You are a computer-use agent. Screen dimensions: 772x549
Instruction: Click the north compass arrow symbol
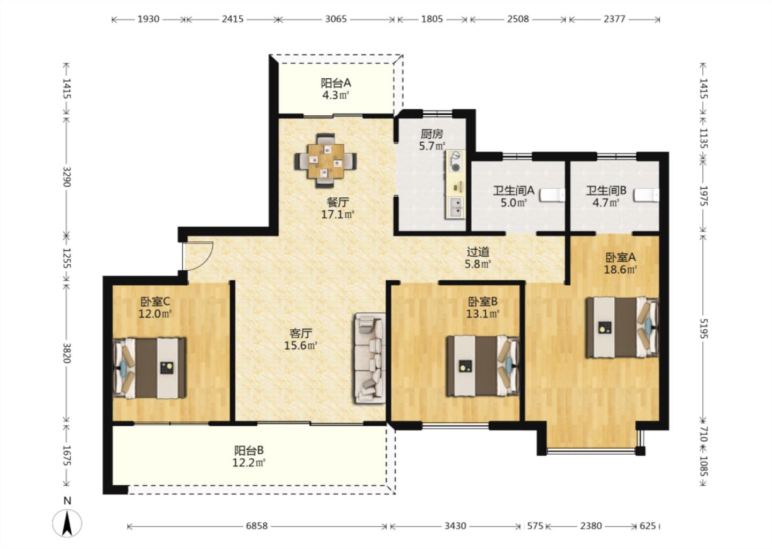click(x=67, y=523)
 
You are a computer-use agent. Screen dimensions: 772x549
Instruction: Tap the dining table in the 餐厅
click(x=326, y=161)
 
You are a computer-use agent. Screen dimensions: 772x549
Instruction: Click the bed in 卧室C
click(x=149, y=368)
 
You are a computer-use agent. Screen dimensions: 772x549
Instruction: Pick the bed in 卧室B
click(x=483, y=366)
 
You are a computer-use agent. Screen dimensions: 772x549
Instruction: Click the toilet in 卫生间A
click(x=552, y=195)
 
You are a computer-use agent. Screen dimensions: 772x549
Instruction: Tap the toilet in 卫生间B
click(x=647, y=195)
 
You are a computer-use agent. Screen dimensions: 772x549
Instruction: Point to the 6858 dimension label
click(x=256, y=526)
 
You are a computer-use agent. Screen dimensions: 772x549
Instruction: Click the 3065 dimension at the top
click(x=336, y=19)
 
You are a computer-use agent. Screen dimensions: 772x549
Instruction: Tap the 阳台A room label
click(x=336, y=83)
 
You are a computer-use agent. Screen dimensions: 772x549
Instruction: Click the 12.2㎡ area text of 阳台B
click(x=249, y=463)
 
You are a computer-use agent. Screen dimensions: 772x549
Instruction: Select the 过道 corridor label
click(x=478, y=253)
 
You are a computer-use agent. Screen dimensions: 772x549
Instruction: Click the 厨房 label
click(x=432, y=133)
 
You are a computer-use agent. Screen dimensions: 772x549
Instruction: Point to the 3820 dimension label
click(x=66, y=353)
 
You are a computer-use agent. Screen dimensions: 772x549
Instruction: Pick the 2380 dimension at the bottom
click(x=591, y=526)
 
